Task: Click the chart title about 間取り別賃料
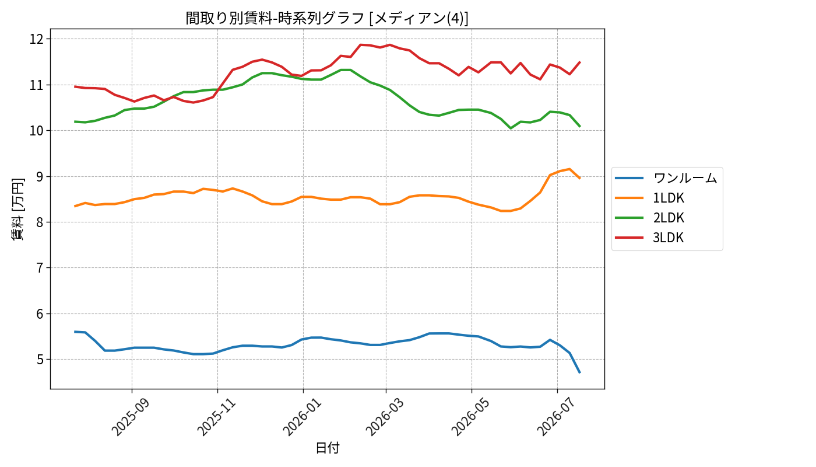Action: click(x=327, y=18)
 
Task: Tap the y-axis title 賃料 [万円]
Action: click(x=17, y=209)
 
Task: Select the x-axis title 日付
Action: click(x=327, y=448)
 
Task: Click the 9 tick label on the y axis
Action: click(x=40, y=176)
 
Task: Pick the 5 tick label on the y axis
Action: click(x=40, y=360)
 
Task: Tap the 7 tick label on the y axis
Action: click(x=40, y=268)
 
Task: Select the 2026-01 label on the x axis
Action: click(x=302, y=417)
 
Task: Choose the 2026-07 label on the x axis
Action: click(x=555, y=417)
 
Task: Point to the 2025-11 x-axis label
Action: click(x=216, y=417)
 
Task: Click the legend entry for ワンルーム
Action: click(x=685, y=178)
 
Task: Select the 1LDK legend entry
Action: click(x=669, y=198)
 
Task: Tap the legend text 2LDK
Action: click(x=669, y=218)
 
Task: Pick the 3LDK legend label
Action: click(x=669, y=238)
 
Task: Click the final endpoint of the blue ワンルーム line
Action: click(x=579, y=372)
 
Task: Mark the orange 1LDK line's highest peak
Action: click(x=569, y=169)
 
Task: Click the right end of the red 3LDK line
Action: click(x=579, y=62)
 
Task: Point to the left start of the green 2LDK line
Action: click(x=75, y=121)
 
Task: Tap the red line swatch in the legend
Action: click(x=629, y=238)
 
